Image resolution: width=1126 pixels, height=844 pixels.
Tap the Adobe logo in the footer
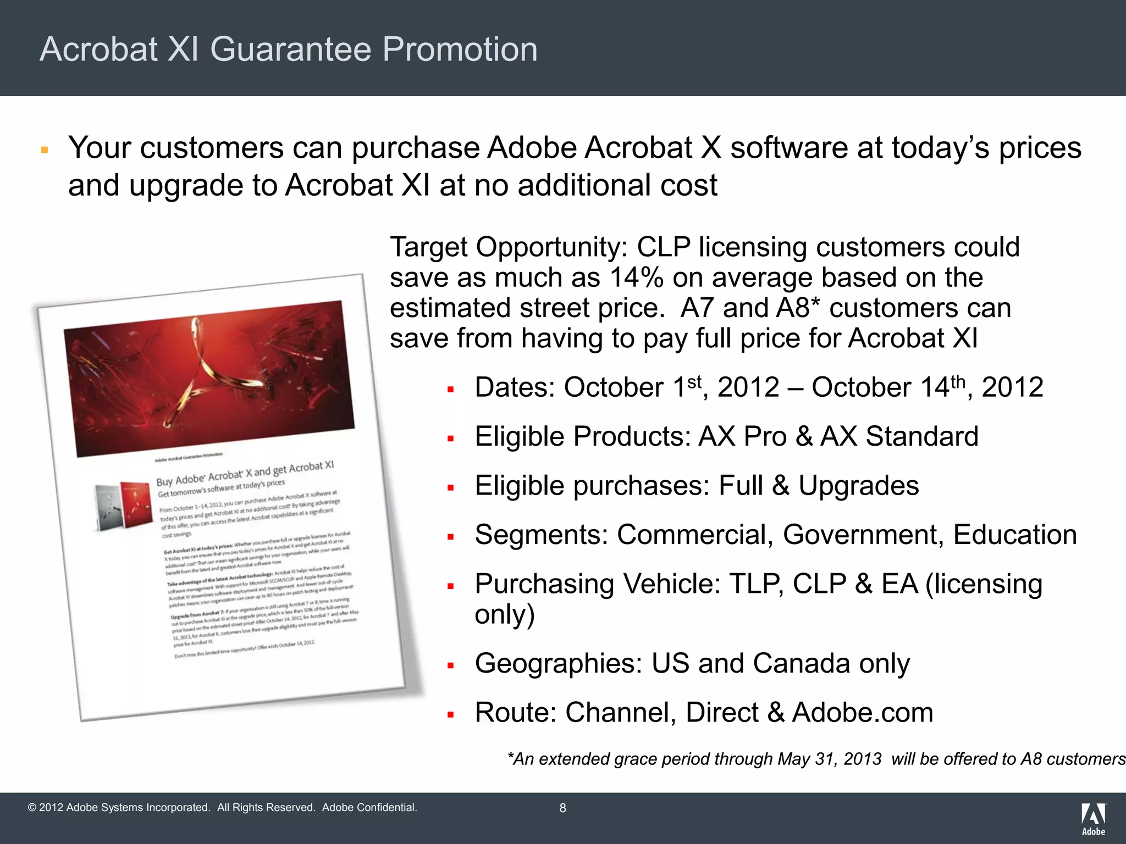1094,819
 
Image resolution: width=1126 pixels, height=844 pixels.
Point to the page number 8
562,808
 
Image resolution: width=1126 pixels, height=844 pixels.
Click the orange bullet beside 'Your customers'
45,149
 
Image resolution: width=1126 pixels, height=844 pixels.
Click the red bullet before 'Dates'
450,390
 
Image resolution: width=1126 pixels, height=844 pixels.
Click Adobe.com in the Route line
863,713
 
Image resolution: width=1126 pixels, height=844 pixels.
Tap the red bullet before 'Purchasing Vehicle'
450,586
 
